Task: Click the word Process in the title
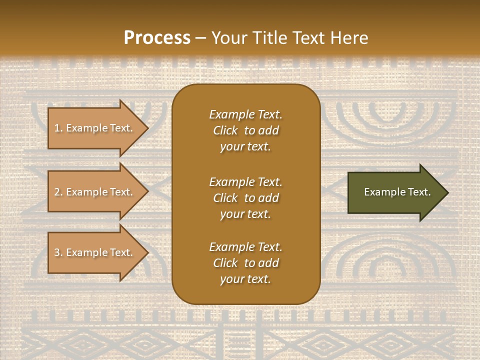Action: (157, 38)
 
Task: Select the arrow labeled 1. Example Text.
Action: (95, 128)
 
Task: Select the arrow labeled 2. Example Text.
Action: (95, 192)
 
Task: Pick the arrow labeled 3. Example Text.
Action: (95, 252)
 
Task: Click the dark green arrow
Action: (395, 192)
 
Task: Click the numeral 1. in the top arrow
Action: (58, 128)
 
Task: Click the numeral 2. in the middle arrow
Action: (58, 192)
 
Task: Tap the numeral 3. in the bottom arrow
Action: (58, 252)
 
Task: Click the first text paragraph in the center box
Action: (245, 130)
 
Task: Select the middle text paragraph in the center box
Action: (245, 198)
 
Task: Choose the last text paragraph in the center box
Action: (245, 263)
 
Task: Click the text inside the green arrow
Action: (397, 192)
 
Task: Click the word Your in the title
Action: (228, 38)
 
